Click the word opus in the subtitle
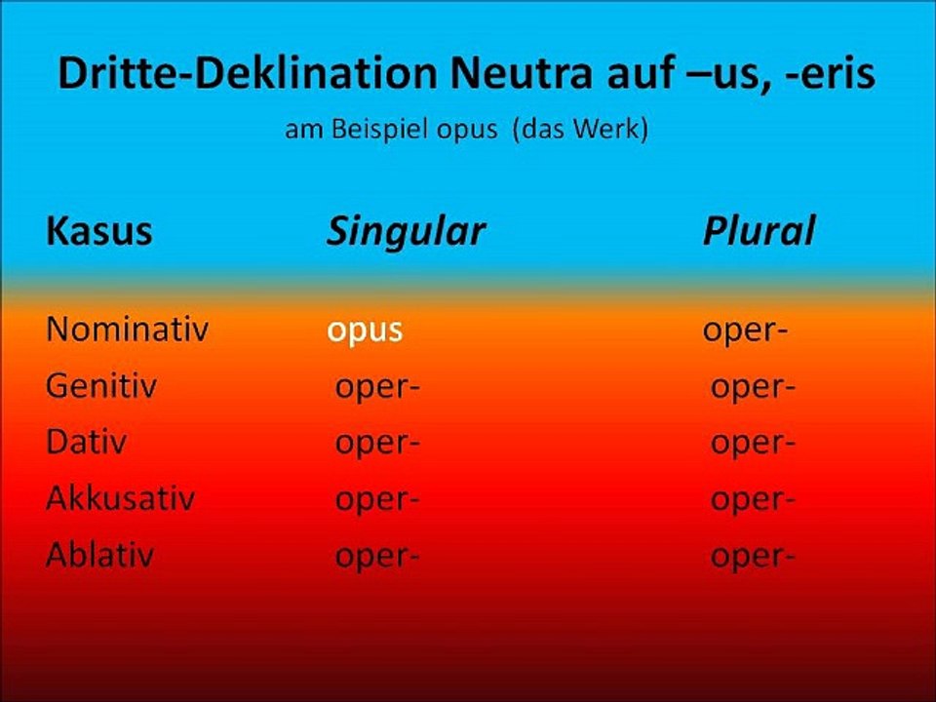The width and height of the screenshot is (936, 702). tap(466, 130)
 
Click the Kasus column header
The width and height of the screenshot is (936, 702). tap(99, 231)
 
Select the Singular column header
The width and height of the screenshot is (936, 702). tap(406, 231)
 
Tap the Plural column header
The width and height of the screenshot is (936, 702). tap(759, 231)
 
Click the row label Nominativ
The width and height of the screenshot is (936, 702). tap(127, 330)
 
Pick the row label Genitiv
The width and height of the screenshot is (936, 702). tap(101, 386)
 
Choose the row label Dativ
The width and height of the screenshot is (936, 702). tap(86, 443)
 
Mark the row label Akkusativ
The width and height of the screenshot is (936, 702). tap(120, 499)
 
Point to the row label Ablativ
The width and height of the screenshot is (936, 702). tap(99, 556)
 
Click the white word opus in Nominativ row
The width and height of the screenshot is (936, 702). tap(365, 331)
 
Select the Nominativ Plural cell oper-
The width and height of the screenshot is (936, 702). tap(746, 331)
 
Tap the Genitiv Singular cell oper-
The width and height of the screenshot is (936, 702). tap(377, 387)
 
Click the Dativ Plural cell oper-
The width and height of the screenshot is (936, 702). tap(753, 444)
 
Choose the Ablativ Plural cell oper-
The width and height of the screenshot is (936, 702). tap(753, 557)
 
